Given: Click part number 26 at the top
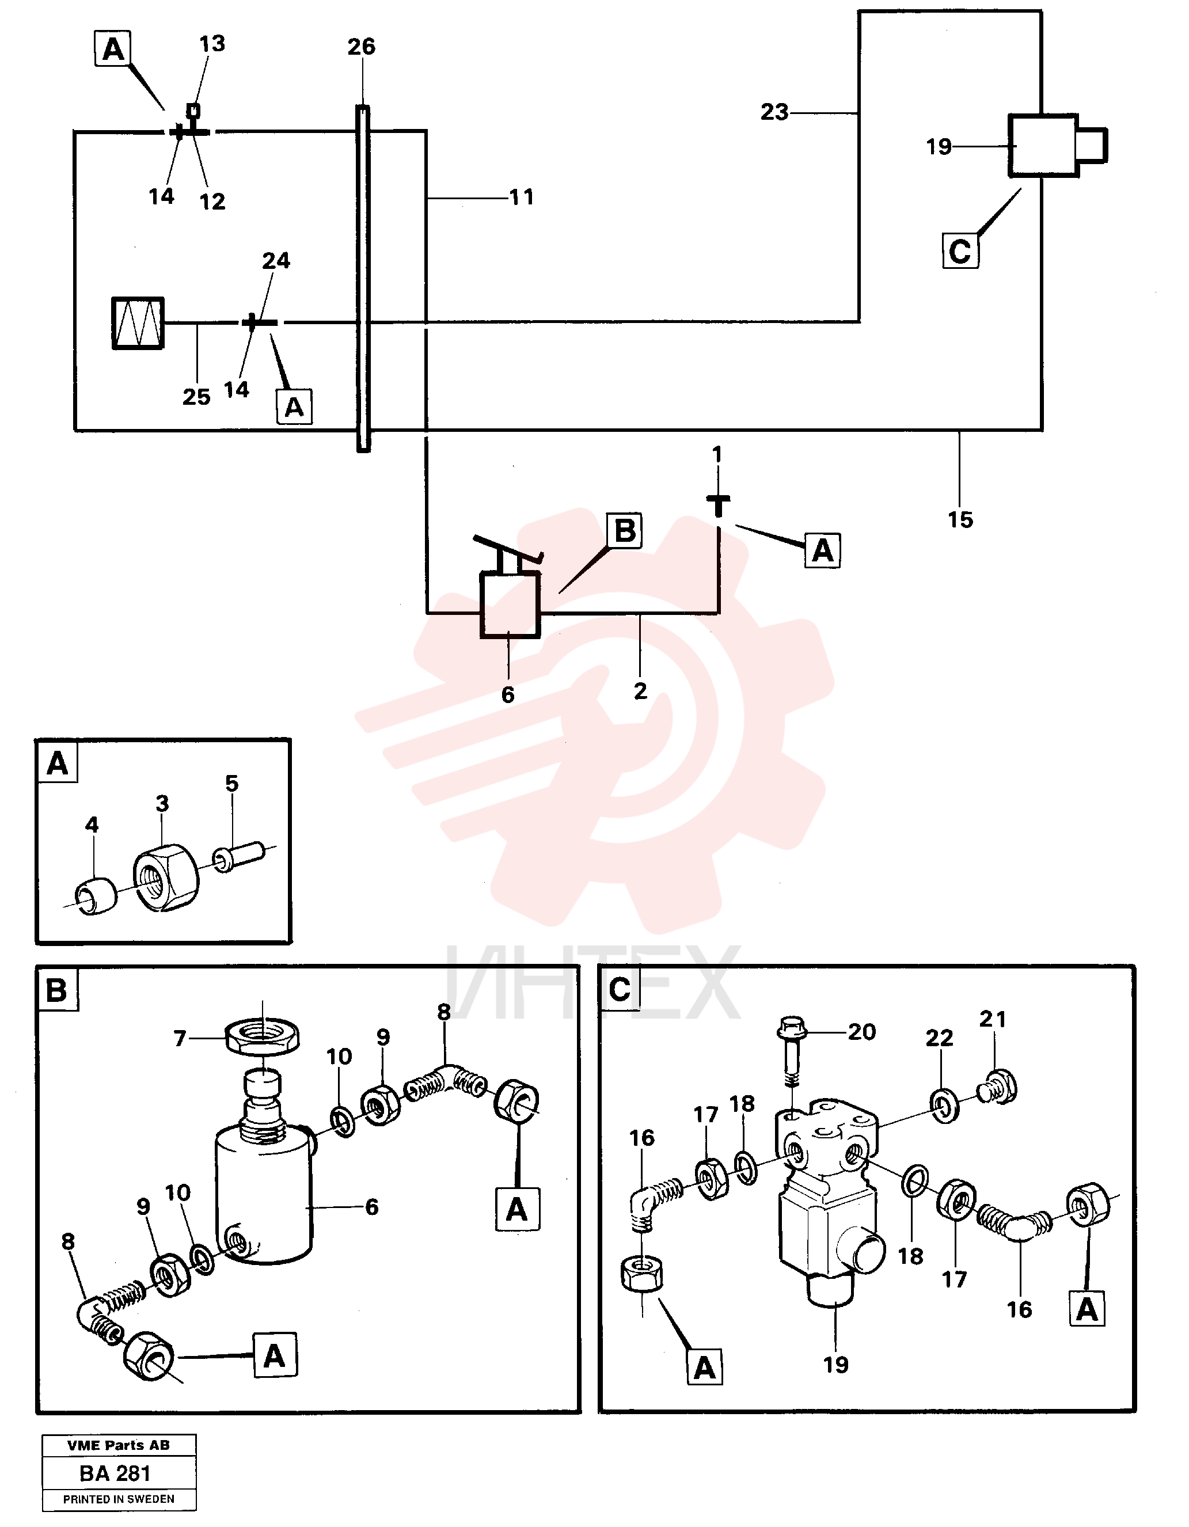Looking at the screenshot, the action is (x=362, y=47).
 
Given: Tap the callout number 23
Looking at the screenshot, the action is (x=774, y=112).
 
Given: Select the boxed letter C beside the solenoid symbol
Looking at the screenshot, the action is (x=960, y=251).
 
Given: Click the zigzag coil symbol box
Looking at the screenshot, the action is (x=138, y=323).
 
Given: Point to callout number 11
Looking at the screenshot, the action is (x=522, y=197).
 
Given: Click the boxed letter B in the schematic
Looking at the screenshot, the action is (x=624, y=531).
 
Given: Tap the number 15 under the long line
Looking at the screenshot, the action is (x=960, y=519).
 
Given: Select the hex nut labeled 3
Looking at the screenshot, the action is (x=166, y=878).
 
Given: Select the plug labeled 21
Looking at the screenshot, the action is (x=997, y=1087).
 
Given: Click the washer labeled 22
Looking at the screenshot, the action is (x=944, y=1106).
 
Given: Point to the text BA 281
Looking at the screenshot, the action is (x=115, y=1473).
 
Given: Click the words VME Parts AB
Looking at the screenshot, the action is (x=119, y=1445).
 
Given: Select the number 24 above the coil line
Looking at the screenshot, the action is (x=276, y=261).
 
